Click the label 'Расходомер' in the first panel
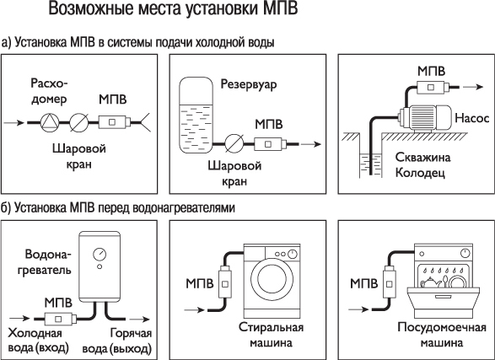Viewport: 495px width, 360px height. [x=47, y=94]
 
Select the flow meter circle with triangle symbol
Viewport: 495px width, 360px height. [x=53, y=121]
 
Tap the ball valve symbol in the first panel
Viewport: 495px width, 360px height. [x=80, y=121]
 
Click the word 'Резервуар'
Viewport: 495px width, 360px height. [x=249, y=85]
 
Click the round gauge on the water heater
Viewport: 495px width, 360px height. [x=100, y=252]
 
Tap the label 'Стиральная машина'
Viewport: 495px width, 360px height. [x=271, y=335]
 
